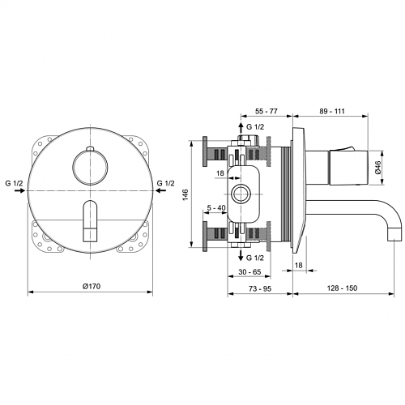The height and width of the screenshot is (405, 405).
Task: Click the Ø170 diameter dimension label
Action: tap(92, 286)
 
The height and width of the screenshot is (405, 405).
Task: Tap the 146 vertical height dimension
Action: tap(185, 194)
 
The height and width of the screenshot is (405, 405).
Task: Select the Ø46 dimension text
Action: tap(377, 168)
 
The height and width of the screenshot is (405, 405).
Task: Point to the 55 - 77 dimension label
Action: tap(266, 111)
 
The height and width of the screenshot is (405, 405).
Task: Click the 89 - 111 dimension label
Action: tap(332, 111)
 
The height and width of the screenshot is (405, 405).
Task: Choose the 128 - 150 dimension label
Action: tap(342, 288)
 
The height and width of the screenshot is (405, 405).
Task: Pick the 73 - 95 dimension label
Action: tap(260, 288)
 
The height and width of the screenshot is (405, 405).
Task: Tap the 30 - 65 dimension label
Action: tap(249, 272)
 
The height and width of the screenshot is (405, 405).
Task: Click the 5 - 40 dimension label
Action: tap(216, 207)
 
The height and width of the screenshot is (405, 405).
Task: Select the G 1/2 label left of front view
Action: tap(14, 183)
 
